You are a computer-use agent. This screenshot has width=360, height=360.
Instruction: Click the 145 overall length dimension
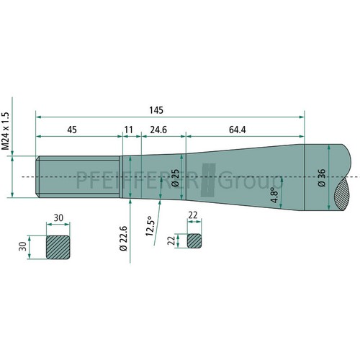[156, 110]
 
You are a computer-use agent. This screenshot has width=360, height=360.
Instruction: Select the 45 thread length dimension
[72, 130]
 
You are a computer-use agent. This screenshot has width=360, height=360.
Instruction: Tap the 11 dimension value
[129, 130]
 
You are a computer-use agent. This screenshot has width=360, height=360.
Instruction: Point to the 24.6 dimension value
[158, 130]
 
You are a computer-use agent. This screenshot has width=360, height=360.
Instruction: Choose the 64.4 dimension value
[238, 130]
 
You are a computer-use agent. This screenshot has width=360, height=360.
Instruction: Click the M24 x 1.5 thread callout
[5, 131]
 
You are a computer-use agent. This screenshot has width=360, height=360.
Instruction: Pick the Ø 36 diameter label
[322, 178]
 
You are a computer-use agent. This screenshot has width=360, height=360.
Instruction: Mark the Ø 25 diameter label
[176, 178]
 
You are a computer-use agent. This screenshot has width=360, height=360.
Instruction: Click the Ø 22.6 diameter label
[123, 238]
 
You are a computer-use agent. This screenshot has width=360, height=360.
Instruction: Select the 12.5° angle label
[150, 226]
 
